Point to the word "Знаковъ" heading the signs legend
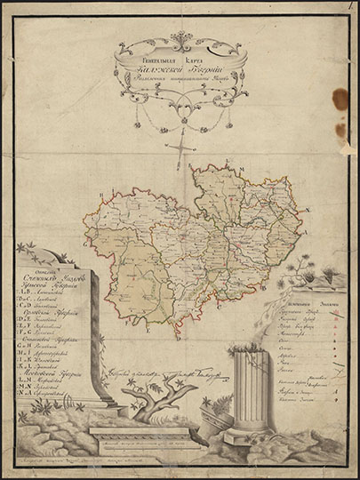[x=308, y=302]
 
